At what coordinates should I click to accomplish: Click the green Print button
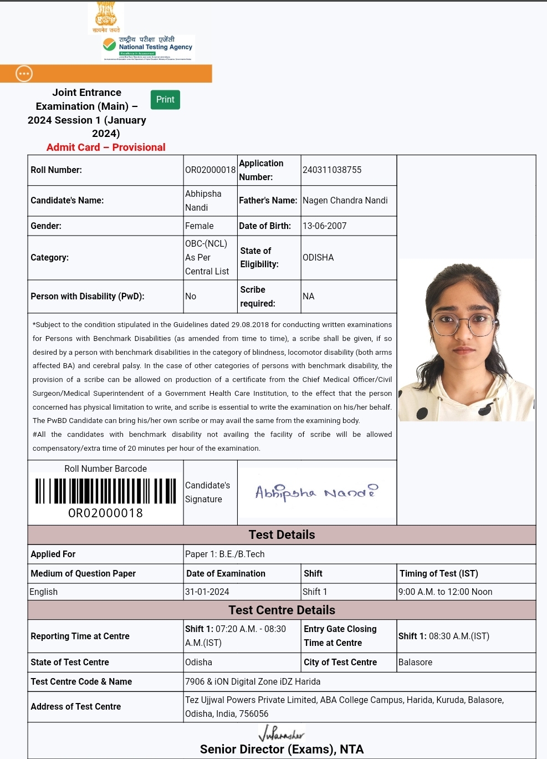pyautogui.click(x=165, y=100)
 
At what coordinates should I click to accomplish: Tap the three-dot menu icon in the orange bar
pyautogui.click(x=24, y=74)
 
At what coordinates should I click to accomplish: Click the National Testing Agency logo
pyautogui.click(x=148, y=48)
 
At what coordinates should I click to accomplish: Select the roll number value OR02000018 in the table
pyautogui.click(x=210, y=170)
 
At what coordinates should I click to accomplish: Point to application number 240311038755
pyautogui.click(x=331, y=170)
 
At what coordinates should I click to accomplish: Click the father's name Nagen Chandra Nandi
pyautogui.click(x=345, y=200)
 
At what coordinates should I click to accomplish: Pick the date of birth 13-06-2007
pyautogui.click(x=324, y=226)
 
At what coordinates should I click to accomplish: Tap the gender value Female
pyautogui.click(x=199, y=226)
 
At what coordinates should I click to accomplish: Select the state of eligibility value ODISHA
pyautogui.click(x=318, y=257)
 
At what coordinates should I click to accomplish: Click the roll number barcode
pyautogui.click(x=105, y=490)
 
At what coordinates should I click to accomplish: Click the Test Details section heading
pyautogui.click(x=282, y=534)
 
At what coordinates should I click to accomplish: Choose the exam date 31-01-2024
pyautogui.click(x=207, y=592)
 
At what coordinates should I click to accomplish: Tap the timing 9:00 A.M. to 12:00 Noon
pyautogui.click(x=445, y=592)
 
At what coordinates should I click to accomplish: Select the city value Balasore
pyautogui.click(x=415, y=662)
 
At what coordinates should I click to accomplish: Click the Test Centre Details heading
pyautogui.click(x=282, y=610)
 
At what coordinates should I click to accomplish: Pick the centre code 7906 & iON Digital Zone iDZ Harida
pyautogui.click(x=253, y=681)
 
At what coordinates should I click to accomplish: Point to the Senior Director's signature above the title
pyautogui.click(x=282, y=734)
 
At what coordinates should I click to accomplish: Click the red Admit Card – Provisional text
pyautogui.click(x=106, y=147)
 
